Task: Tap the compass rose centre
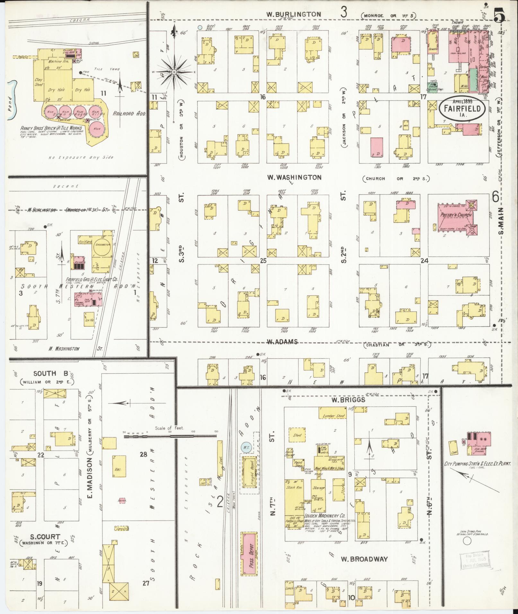174,72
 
